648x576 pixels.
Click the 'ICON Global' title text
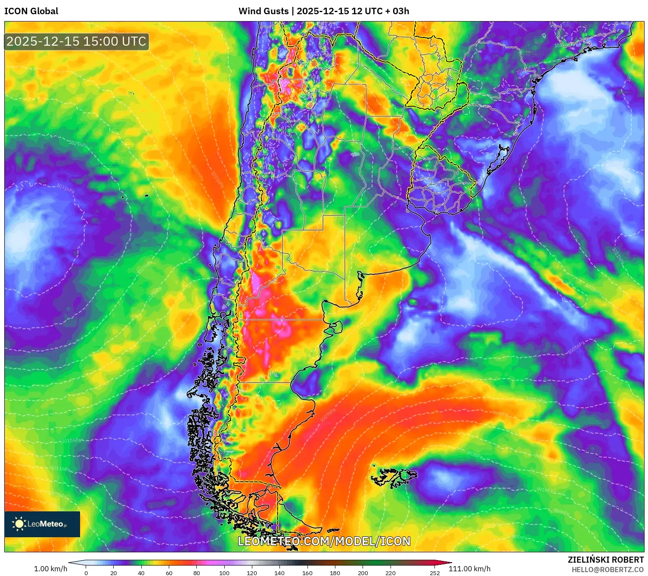tap(31, 11)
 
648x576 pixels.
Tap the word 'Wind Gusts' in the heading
tap(264, 11)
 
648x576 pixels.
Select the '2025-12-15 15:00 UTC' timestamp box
tap(77, 42)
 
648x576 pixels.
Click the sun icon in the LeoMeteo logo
tap(19, 524)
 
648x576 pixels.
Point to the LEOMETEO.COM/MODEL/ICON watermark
tap(324, 541)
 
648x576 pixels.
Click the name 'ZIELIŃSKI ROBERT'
tap(605, 560)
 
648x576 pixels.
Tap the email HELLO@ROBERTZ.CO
tap(607, 570)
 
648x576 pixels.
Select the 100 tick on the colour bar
tap(224, 573)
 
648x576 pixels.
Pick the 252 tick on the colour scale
tap(435, 573)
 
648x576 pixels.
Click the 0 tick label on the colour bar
tap(86, 573)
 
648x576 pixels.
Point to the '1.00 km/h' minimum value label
tap(50, 569)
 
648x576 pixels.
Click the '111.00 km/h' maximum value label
tap(469, 569)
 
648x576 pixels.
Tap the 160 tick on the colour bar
tap(307, 573)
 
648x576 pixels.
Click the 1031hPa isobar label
tap(65, 188)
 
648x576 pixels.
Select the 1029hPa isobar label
tap(78, 144)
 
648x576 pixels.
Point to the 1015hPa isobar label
tap(71, 441)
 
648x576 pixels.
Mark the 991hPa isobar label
tap(545, 490)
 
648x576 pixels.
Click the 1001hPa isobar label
tap(535, 400)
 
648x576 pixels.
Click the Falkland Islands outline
tap(394, 477)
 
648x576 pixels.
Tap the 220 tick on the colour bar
tap(391, 573)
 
